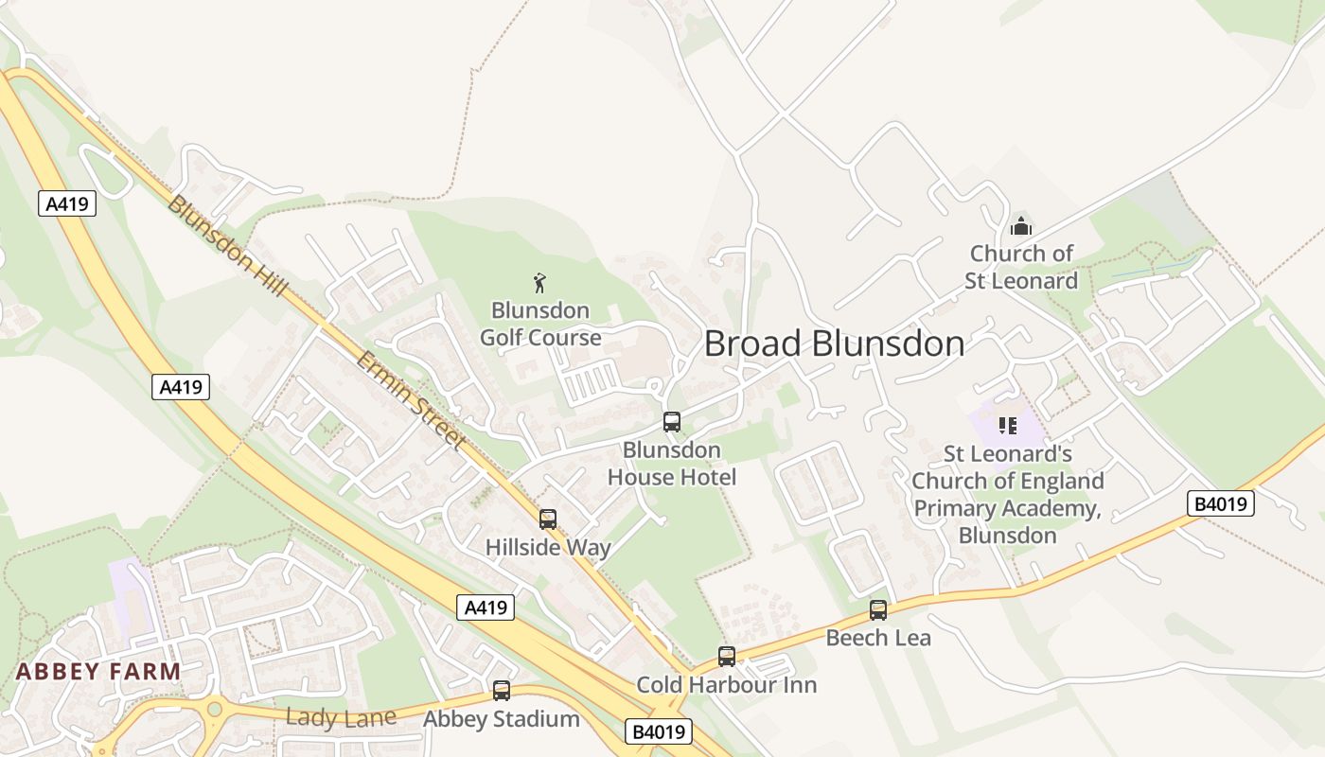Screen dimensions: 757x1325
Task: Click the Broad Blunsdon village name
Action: [834, 343]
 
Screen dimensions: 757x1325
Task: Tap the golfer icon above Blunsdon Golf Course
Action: [539, 282]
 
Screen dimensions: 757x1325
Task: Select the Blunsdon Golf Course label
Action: [540, 324]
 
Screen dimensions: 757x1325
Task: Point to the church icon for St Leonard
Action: [1021, 226]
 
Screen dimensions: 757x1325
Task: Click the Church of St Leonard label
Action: [1021, 267]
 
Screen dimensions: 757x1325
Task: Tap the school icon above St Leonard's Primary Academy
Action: [1007, 426]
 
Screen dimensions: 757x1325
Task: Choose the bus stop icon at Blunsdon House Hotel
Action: [672, 422]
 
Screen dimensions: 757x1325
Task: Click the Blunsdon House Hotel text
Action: [672, 463]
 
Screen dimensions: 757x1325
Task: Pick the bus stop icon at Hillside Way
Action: [548, 519]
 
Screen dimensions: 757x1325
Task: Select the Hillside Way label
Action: [548, 547]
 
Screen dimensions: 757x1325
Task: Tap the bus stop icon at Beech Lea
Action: [878, 610]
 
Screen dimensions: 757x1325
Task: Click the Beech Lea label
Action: [878, 638]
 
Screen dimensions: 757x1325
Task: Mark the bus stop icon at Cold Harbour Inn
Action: [726, 656]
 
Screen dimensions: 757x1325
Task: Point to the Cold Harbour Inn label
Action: [726, 684]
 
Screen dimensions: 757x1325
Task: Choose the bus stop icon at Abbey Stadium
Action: [502, 691]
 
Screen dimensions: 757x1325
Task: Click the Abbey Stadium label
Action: [502, 719]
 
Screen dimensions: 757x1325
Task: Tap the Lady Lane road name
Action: [341, 717]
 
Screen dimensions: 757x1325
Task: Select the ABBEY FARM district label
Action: [98, 672]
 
